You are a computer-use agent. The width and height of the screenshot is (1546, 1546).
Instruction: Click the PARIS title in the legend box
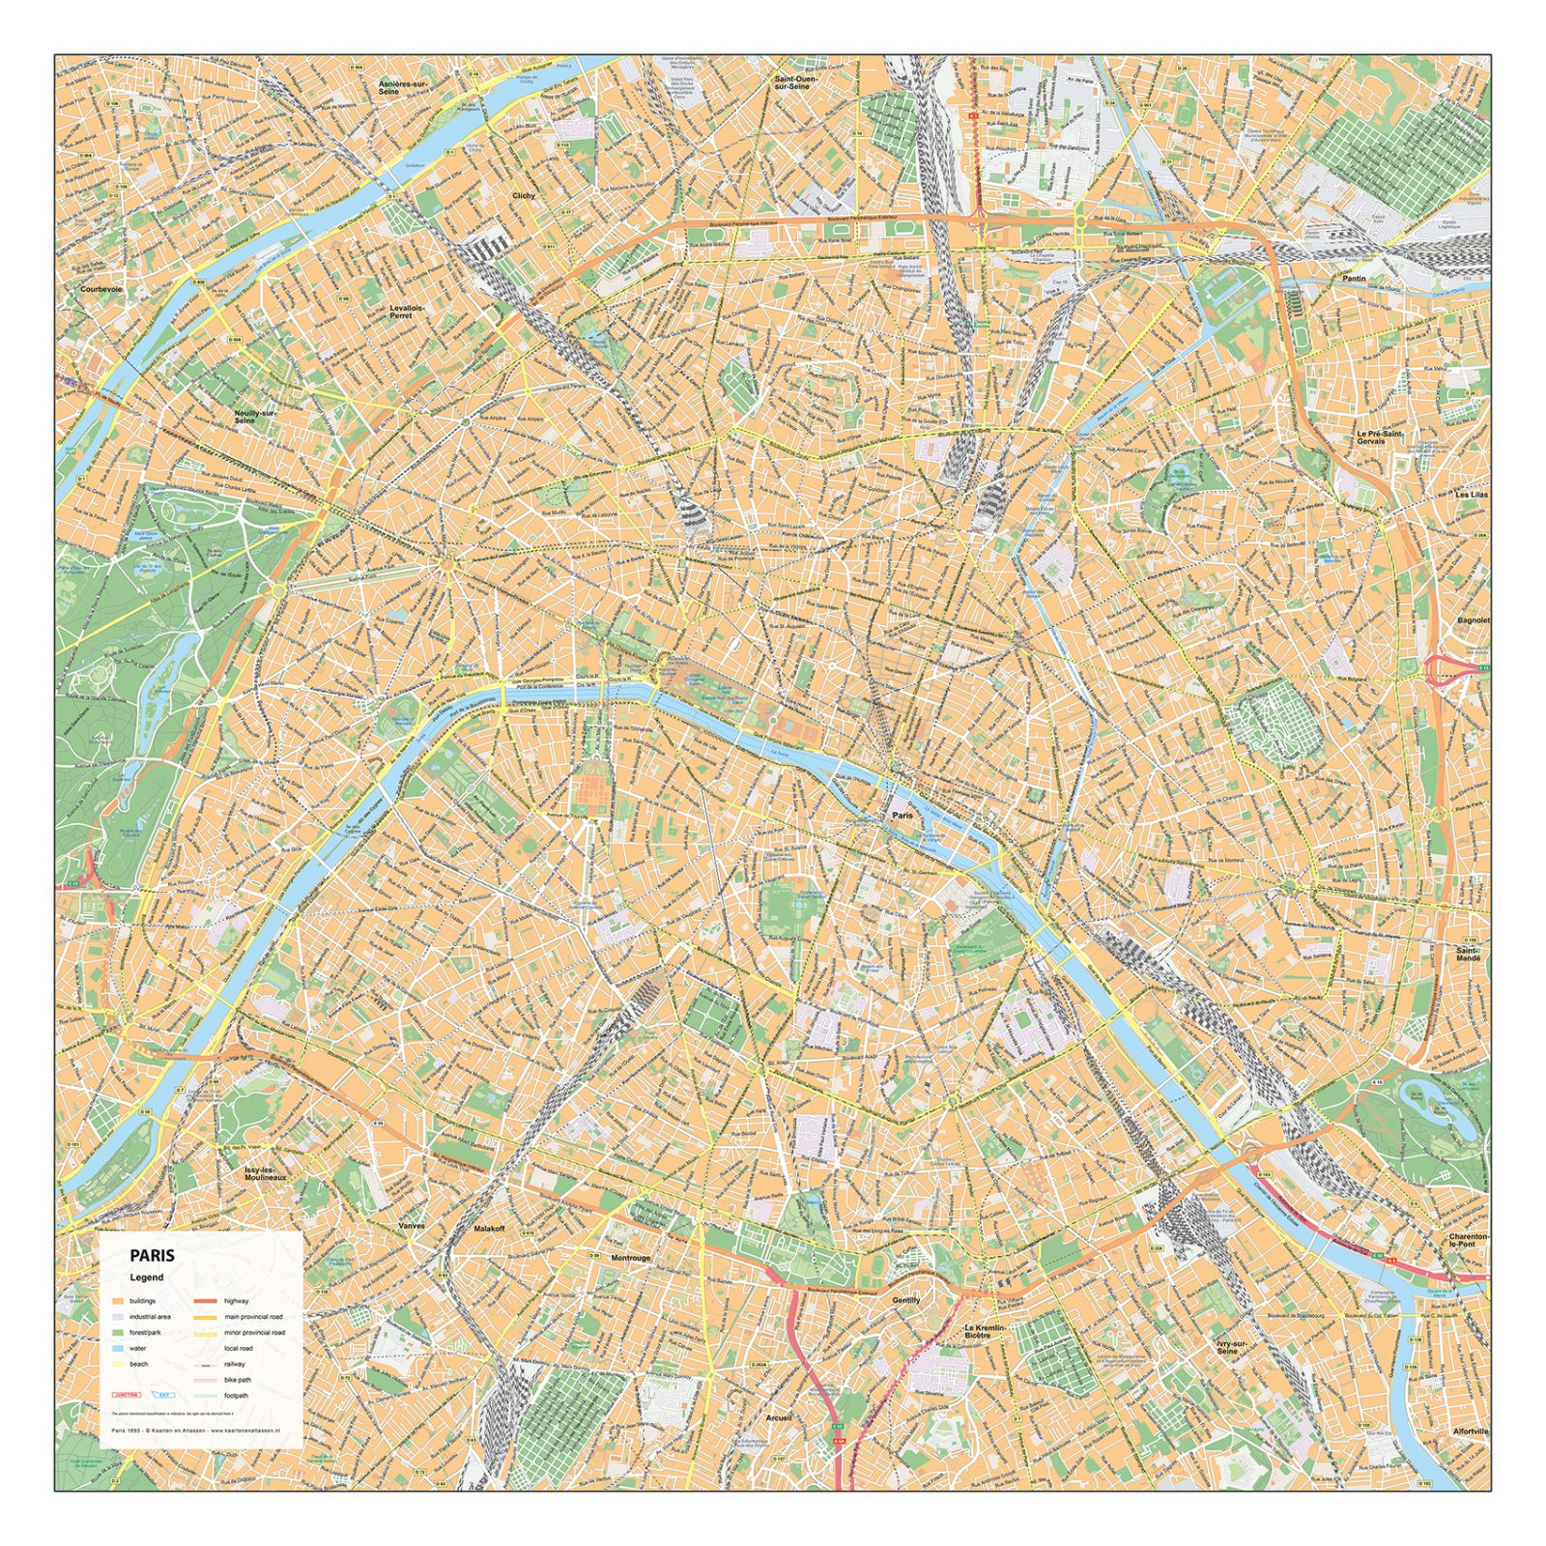click(x=153, y=1255)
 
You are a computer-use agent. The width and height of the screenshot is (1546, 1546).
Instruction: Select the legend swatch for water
click(x=118, y=1348)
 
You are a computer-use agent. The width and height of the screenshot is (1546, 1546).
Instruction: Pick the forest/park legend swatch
click(x=118, y=1332)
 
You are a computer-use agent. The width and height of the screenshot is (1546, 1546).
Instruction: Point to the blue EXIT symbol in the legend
click(x=166, y=1395)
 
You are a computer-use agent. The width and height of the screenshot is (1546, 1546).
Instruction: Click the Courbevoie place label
click(x=101, y=289)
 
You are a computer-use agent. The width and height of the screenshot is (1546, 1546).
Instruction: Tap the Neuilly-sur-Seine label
click(x=255, y=416)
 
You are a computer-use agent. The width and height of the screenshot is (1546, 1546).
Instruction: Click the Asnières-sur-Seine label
click(x=402, y=87)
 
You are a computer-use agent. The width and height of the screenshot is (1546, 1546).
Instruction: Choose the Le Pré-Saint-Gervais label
click(x=1379, y=437)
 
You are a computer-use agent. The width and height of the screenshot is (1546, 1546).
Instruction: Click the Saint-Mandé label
click(x=1468, y=954)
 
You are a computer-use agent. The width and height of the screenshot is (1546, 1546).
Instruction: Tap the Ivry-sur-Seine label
click(x=1232, y=1346)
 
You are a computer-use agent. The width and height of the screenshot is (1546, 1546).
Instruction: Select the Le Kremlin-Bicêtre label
click(x=985, y=1331)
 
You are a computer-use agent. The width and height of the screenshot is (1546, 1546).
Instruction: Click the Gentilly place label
click(x=905, y=1300)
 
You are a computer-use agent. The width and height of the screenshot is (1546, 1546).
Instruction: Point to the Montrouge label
click(x=631, y=1258)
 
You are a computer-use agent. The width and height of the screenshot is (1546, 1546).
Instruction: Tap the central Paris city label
click(x=902, y=816)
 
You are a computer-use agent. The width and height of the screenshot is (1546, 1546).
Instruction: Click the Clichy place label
click(x=523, y=195)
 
